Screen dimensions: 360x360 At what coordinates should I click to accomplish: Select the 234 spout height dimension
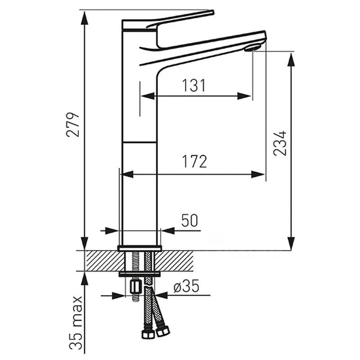click(280, 143)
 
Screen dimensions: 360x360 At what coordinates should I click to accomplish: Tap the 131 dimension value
click(193, 85)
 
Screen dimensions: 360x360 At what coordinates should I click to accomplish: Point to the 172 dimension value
click(195, 162)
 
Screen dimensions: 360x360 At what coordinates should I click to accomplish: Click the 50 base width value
click(189, 220)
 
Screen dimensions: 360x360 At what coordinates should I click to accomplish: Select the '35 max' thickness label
click(77, 323)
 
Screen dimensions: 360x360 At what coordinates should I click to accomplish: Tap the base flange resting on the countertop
click(139, 248)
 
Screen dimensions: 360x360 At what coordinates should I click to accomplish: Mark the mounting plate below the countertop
click(139, 273)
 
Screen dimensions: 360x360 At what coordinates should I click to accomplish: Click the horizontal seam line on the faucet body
click(139, 142)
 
